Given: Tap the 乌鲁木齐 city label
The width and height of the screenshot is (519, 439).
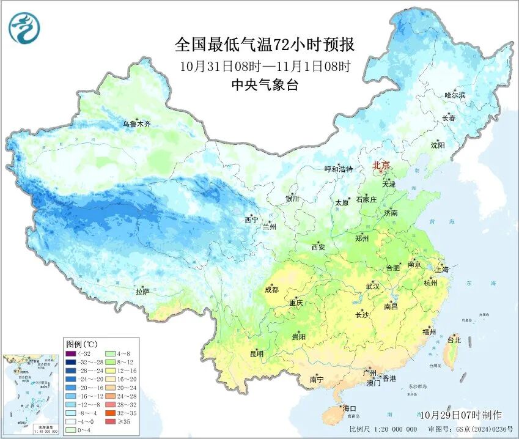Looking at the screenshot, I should coord(136,124).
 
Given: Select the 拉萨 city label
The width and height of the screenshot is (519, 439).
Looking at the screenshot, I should coord(142,291).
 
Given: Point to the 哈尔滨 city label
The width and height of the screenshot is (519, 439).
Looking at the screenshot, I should coord(455,95).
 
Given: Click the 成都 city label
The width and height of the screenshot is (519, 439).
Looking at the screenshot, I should coord(272,290).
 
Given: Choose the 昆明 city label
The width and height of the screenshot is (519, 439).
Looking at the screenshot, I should coord(256,353).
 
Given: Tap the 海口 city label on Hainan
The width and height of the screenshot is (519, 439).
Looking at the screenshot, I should coord(350,408).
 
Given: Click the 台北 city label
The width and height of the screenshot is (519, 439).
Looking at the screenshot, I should coord(454,339).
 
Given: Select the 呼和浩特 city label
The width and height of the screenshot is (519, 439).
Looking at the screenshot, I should coord(338,169).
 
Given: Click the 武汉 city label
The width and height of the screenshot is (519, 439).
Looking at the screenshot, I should coord(372,286).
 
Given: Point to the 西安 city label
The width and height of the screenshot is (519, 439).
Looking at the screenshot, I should coord(318,247).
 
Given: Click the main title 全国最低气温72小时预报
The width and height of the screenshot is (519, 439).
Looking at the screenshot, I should coord(265,45).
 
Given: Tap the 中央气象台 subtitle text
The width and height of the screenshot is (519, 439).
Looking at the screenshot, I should coord(265,86).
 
